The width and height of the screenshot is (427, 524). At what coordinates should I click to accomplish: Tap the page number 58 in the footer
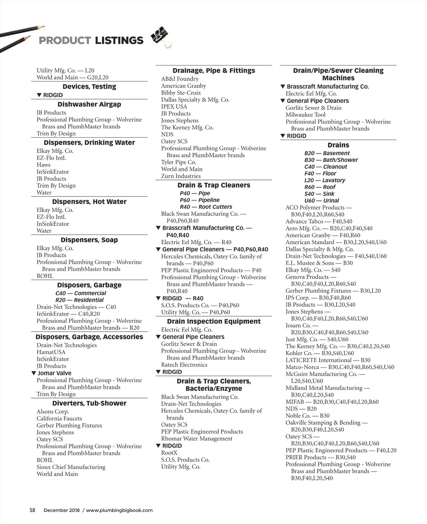[32, 510]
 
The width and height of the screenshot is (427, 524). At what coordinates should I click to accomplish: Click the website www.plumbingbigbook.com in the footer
[119, 510]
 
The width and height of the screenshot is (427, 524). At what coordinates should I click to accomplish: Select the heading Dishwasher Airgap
[89, 105]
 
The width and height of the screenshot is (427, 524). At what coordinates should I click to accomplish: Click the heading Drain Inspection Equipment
[214, 322]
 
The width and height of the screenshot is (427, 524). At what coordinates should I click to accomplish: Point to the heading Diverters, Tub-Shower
[89, 403]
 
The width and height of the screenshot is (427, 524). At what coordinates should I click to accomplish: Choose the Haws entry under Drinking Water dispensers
[43, 165]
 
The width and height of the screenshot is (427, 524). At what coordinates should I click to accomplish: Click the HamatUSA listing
[51, 352]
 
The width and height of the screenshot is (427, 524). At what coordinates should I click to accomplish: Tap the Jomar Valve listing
[54, 373]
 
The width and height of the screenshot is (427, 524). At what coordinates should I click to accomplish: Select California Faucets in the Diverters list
[59, 419]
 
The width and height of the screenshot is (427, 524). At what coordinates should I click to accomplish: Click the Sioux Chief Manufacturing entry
[71, 467]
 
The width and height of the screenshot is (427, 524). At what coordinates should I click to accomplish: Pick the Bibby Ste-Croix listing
[181, 93]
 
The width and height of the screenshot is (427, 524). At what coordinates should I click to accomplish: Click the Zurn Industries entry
[181, 176]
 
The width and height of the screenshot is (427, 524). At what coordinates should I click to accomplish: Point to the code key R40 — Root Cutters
[206, 207]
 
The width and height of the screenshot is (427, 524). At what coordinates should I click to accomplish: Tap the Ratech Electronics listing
[184, 365]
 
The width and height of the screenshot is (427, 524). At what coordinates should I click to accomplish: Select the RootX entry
[169, 453]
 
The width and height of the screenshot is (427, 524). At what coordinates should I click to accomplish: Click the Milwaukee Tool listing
[305, 115]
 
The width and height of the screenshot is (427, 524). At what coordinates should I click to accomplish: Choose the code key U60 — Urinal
[322, 200]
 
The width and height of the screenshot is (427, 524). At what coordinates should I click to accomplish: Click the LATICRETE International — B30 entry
[328, 360]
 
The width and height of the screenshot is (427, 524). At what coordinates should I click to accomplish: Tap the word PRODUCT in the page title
[65, 41]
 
